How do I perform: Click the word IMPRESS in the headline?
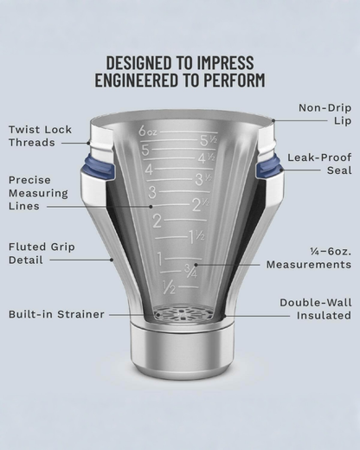[x=225, y=62]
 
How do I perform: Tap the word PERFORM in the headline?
[x=235, y=80]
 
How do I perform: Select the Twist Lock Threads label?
[x=40, y=136]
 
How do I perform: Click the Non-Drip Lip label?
[x=325, y=114]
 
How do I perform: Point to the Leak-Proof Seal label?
[x=319, y=164]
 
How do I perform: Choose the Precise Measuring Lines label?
[x=38, y=193]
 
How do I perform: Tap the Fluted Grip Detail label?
[x=42, y=254]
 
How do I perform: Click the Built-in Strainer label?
[x=56, y=314]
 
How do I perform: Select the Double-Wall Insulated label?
[x=316, y=309]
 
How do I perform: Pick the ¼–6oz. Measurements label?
[x=309, y=258]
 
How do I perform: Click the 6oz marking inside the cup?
[x=148, y=132]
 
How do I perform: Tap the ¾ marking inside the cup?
[x=190, y=272]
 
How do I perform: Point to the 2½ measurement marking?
[x=201, y=205]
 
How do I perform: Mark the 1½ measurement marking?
[x=197, y=237]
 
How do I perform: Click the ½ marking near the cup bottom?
[x=169, y=287]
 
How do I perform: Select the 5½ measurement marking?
[x=208, y=140]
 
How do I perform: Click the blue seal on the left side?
[x=99, y=168]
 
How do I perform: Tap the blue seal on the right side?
[x=268, y=168]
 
